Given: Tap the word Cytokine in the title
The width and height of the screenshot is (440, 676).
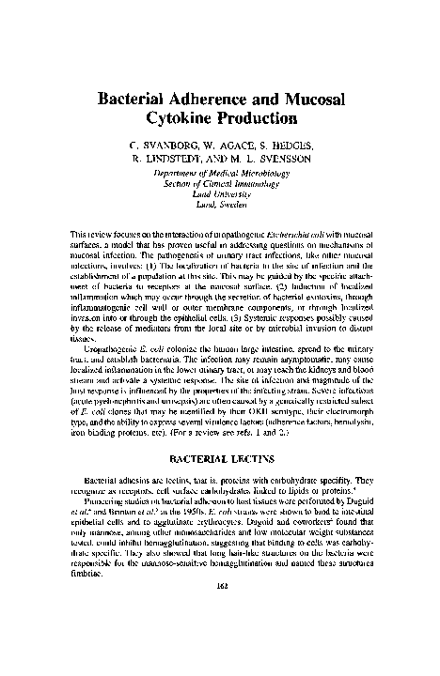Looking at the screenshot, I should click(183, 118).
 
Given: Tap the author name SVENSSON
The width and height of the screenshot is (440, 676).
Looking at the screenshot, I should click(282, 161).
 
